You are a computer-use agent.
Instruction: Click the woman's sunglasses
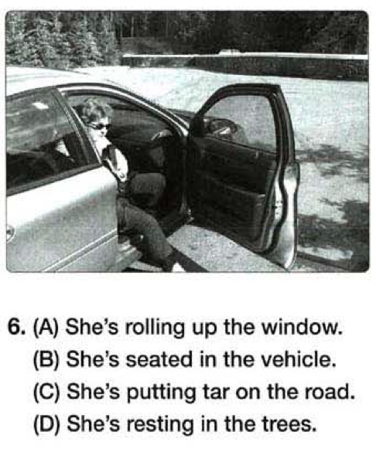click(x=99, y=126)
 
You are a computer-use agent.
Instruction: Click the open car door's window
click(x=240, y=121)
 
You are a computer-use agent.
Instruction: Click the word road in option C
click(x=327, y=392)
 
